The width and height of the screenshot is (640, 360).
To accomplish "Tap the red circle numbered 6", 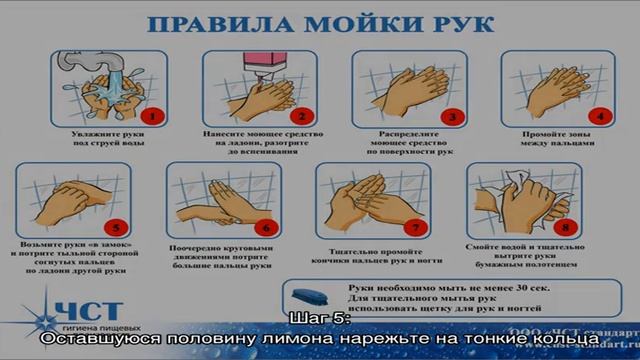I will point(264,226).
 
